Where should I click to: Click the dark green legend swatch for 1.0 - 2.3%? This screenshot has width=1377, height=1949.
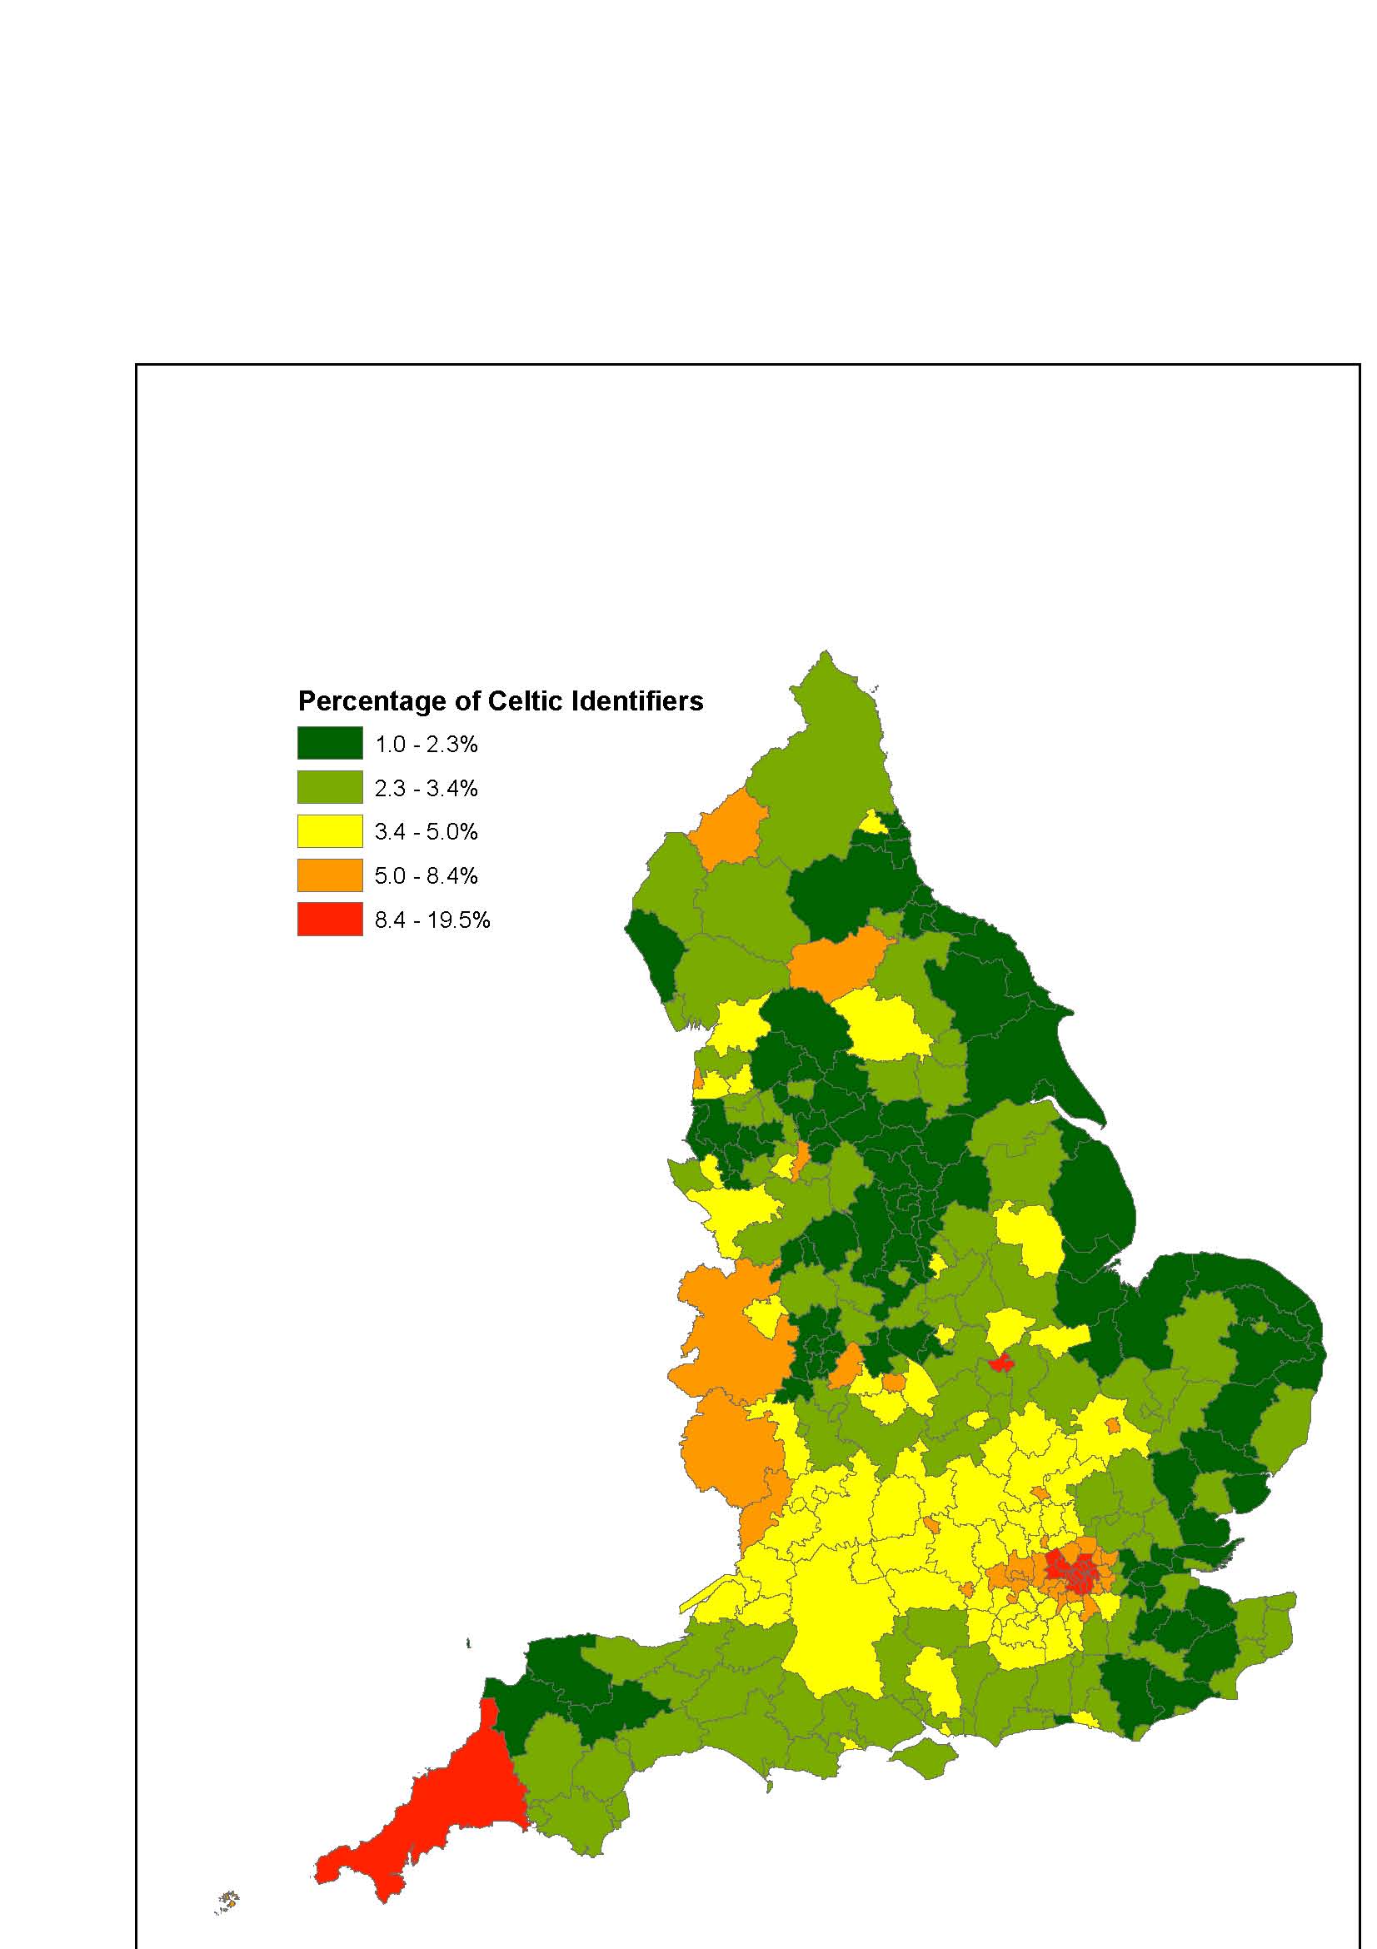[x=329, y=743]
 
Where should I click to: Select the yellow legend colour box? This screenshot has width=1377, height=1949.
[x=329, y=831]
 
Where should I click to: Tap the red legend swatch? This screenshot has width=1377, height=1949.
[x=329, y=920]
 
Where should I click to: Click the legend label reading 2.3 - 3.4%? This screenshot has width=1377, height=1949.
[x=427, y=788]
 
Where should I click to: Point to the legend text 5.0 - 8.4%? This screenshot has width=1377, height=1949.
[x=427, y=876]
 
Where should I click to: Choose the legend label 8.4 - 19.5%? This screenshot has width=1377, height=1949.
[x=432, y=920]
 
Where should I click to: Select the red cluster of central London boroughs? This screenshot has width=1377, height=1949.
[x=1071, y=1572]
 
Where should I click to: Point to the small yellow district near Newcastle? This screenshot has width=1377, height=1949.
[x=873, y=822]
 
